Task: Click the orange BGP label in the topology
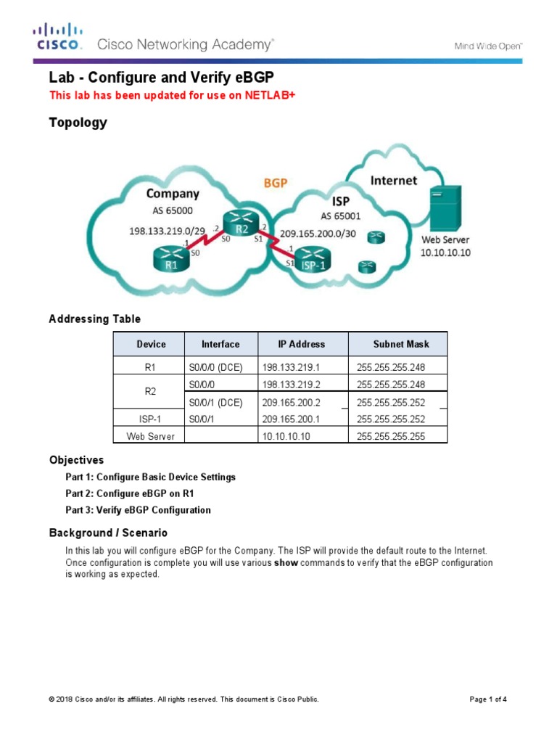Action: [x=275, y=184]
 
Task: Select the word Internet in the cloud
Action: [x=394, y=180]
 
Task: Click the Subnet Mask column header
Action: [x=400, y=344]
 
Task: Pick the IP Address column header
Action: [x=301, y=344]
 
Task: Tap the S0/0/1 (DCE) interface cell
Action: [x=215, y=402]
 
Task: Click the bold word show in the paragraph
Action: [x=286, y=563]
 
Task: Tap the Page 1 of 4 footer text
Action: [x=488, y=699]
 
